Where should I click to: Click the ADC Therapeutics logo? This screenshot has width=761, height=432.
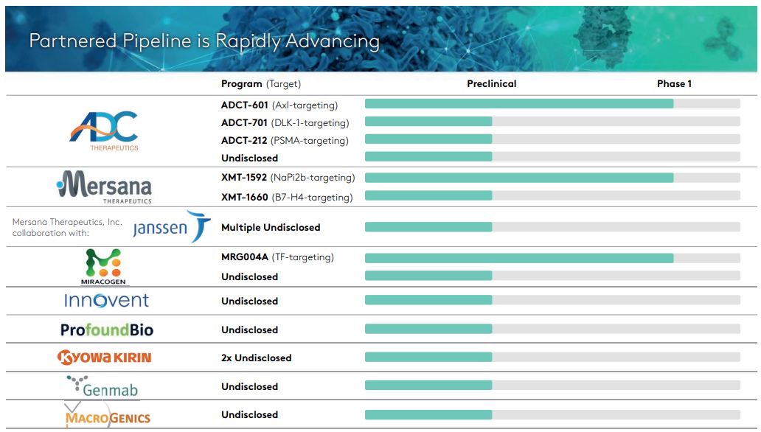(104, 130)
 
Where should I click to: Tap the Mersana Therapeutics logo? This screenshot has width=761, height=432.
(104, 187)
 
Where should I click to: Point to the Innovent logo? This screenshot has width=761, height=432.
(106, 301)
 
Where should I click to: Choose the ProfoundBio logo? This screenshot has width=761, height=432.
(107, 330)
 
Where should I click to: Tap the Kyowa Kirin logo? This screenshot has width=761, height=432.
(105, 358)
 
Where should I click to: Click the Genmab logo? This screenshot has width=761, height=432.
(102, 386)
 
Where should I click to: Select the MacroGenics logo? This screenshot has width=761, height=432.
(107, 416)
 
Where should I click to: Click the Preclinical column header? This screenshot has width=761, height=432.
(492, 84)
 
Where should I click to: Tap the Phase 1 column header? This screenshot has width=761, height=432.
(674, 84)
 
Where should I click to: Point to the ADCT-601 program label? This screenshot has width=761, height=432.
(245, 105)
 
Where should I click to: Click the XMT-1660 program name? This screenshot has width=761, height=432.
(245, 197)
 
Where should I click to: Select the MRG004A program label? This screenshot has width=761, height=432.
(245, 257)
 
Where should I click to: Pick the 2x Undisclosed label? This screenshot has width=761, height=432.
(257, 358)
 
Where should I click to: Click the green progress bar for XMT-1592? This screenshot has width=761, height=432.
(518, 178)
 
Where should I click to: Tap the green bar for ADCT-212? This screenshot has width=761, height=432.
(428, 139)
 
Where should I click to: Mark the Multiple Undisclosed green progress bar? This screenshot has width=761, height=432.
(428, 227)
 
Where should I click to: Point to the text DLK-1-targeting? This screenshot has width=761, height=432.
(310, 123)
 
